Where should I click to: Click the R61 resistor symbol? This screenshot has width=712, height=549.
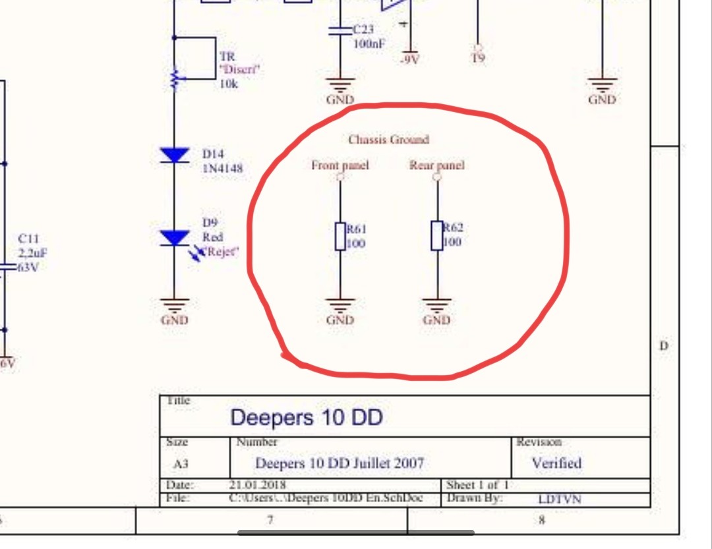pos(340,237)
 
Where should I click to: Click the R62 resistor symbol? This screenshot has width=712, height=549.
pos(436,236)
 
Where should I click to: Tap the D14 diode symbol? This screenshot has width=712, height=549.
pos(175,156)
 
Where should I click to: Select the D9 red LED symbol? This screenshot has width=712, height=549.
pos(175,238)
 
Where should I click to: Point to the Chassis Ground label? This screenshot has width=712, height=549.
pos(388,140)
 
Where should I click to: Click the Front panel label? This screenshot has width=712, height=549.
pos(340,165)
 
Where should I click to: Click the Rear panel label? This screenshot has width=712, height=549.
pos(436,165)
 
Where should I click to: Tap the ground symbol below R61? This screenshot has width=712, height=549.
pos(340,305)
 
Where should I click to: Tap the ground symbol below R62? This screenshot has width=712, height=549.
pos(436,305)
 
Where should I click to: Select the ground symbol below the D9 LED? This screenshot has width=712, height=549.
pos(175,305)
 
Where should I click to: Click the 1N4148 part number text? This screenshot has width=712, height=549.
pos(222,169)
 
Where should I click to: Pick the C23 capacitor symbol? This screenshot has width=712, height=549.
pos(340,30)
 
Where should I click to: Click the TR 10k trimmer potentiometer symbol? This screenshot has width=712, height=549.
pos(175,79)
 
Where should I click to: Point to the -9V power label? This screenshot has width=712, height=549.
pos(409,59)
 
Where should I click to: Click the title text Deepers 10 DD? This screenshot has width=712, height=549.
pos(307,417)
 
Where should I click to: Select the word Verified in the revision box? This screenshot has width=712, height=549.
pos(556,463)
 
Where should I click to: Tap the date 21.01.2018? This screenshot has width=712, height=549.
pos(258,485)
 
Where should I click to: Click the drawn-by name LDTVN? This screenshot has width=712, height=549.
pos(560,499)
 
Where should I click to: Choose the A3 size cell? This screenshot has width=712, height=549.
pos(181,464)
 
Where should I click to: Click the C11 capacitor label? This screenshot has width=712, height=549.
pos(28,239)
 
